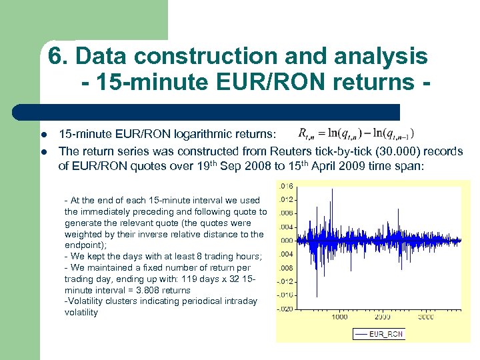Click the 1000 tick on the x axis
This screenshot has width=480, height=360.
[x=339, y=317]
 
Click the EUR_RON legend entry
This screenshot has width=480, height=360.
[x=378, y=334]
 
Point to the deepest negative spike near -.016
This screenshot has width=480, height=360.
[x=316, y=295]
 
